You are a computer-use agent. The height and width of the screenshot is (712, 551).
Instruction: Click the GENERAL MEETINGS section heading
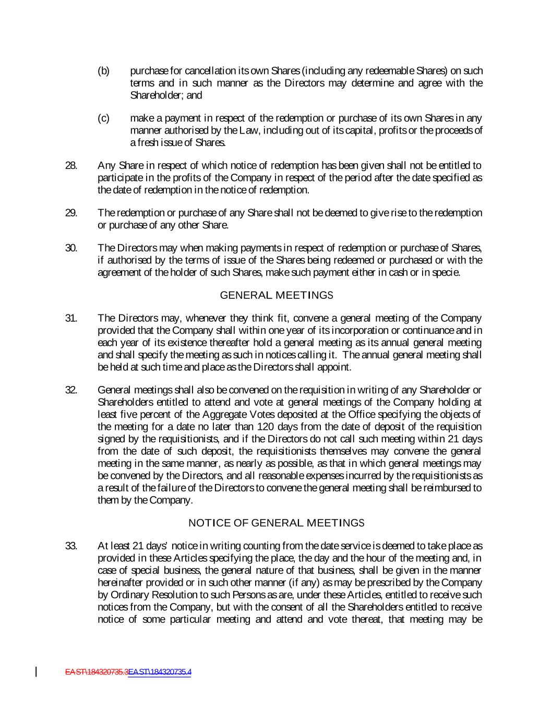[x=277, y=295]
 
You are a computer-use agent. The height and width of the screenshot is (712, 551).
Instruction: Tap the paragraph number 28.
[x=71, y=165]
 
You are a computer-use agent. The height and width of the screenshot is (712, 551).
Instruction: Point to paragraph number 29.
[x=71, y=213]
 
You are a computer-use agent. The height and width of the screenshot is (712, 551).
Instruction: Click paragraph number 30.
[x=71, y=248]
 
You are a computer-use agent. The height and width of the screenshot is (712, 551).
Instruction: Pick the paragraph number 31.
[x=71, y=318]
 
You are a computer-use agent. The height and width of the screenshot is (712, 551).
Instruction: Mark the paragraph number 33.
[x=71, y=546]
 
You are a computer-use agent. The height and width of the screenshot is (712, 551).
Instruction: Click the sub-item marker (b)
[x=104, y=71]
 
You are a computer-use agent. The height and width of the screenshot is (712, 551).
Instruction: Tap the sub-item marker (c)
[x=104, y=118]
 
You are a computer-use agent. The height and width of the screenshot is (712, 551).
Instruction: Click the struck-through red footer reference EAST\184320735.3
[x=97, y=672]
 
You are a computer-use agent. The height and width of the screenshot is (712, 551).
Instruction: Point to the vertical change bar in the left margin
[x=36, y=671]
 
